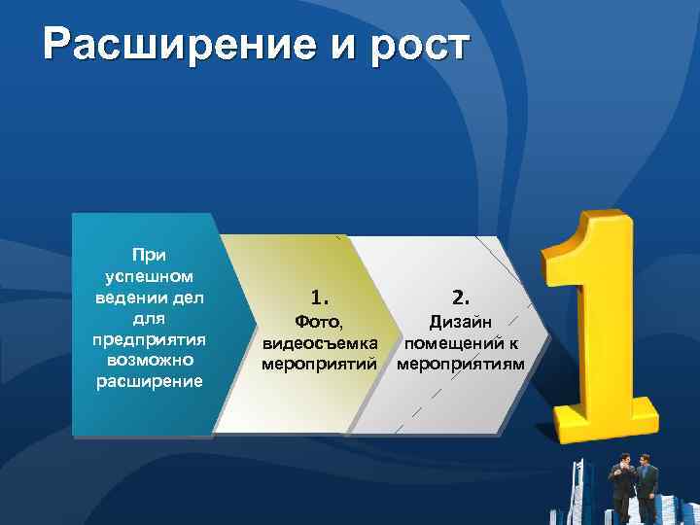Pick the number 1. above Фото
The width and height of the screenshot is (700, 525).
point(320,295)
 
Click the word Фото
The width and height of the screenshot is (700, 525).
point(320,321)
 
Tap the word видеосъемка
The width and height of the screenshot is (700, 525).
point(320,342)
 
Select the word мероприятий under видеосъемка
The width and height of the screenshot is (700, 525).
point(320,364)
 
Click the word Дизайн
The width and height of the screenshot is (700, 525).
point(461,321)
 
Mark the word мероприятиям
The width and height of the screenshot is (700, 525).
point(461,364)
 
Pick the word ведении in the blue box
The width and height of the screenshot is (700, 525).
point(127,297)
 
